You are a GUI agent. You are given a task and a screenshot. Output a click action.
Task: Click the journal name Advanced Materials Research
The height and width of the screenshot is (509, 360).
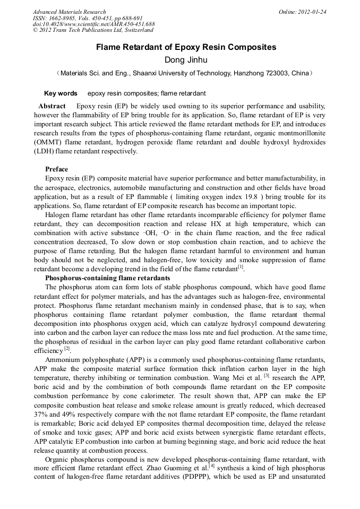70,12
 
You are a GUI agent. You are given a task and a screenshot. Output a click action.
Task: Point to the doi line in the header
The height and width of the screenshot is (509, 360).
94,24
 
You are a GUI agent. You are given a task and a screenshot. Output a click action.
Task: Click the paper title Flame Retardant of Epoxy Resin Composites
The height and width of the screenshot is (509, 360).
186,47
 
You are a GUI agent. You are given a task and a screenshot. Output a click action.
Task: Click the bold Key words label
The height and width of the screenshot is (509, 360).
61,93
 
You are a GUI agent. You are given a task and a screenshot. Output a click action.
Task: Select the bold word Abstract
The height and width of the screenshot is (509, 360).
52,106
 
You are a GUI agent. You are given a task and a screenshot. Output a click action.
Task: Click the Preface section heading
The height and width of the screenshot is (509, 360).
56,169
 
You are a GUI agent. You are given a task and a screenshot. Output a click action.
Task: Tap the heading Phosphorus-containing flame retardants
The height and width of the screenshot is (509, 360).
107,278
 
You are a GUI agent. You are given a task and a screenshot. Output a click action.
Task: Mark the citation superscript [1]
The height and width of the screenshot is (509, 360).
240,267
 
